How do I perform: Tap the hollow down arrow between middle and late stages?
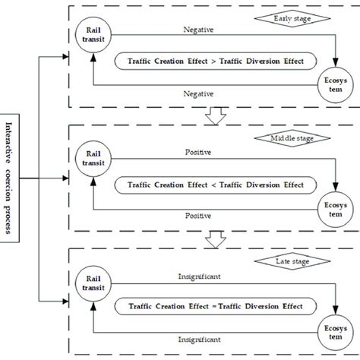coord(216,238)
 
